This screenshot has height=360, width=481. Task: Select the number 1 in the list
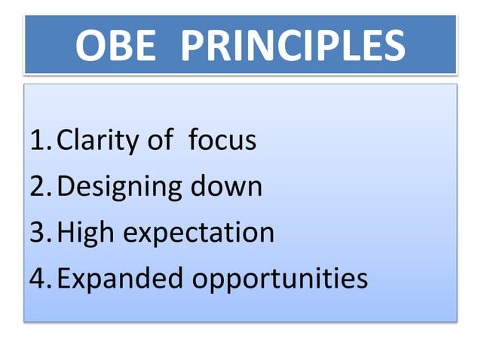pyautogui.click(x=38, y=140)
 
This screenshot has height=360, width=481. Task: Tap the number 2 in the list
pyautogui.click(x=38, y=186)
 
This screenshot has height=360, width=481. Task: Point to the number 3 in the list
pyautogui.click(x=38, y=233)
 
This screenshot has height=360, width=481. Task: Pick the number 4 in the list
pyautogui.click(x=38, y=279)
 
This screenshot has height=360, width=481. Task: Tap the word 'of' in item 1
pyautogui.click(x=158, y=140)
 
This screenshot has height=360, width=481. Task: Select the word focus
pyautogui.click(x=222, y=140)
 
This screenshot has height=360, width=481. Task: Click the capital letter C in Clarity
pyautogui.click(x=66, y=141)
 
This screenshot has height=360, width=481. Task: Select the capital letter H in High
pyautogui.click(x=66, y=233)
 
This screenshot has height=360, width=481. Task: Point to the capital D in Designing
pyautogui.click(x=67, y=186)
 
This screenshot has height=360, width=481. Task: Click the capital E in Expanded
pyautogui.click(x=65, y=279)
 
